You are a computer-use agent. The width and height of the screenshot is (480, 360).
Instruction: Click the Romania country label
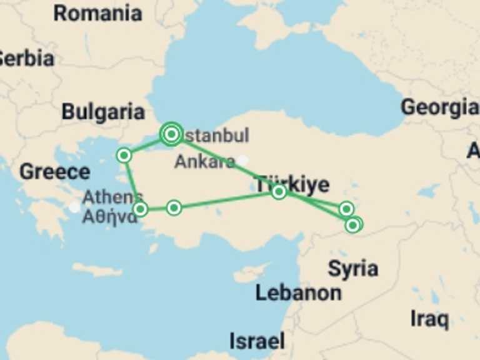(x=97, y=12)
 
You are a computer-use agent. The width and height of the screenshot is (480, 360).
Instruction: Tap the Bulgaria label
(x=103, y=112)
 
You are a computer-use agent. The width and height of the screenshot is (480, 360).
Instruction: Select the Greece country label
(x=54, y=171)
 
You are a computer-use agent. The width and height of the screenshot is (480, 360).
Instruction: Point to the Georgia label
(x=440, y=107)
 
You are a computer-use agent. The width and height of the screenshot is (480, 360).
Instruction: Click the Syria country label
(x=352, y=269)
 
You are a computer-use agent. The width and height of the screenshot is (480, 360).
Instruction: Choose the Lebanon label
(x=298, y=292)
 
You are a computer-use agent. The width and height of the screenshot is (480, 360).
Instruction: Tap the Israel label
(x=257, y=341)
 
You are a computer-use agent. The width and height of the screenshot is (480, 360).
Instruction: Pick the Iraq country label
(x=429, y=319)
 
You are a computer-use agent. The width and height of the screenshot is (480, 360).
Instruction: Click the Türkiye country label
(x=291, y=184)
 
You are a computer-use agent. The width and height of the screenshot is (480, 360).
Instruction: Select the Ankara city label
(x=204, y=162)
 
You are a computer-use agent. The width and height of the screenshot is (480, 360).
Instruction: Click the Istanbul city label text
(x=216, y=136)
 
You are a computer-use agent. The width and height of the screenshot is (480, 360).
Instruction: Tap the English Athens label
(x=112, y=197)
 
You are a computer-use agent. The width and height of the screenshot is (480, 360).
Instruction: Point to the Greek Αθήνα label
(x=109, y=217)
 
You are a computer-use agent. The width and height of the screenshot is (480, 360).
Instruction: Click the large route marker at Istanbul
(x=171, y=133)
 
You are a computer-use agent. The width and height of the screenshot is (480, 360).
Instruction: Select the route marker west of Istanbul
(x=124, y=155)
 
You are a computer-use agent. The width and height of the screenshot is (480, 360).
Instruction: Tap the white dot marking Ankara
(x=242, y=161)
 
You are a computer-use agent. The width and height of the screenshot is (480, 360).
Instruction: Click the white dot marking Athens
(x=74, y=207)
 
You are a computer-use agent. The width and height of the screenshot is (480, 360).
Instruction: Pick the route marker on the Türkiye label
(x=279, y=192)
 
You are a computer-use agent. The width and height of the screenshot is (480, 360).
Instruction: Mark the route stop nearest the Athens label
(x=141, y=209)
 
